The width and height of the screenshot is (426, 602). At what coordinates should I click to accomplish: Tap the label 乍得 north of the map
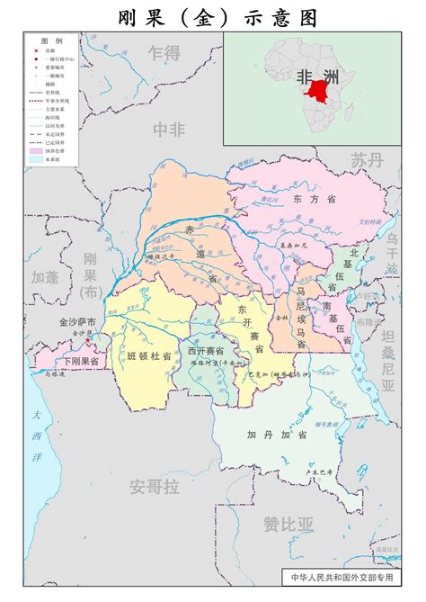point(164,51)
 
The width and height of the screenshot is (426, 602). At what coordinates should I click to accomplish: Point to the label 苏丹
point(367,160)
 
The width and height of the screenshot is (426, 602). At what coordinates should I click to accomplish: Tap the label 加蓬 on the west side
point(44,276)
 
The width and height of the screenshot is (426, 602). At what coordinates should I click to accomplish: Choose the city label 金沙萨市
point(75,321)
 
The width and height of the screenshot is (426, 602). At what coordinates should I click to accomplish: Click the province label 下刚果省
point(81,361)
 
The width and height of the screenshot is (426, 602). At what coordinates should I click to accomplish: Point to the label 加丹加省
point(277,435)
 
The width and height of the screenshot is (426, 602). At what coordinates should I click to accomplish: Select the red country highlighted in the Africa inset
point(317,90)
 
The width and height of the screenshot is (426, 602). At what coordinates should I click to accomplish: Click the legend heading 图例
point(51,42)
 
